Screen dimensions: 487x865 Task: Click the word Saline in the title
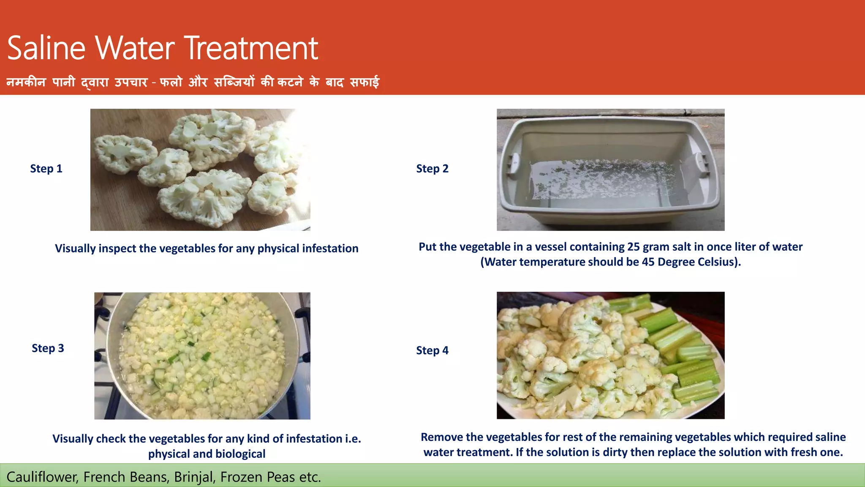[46, 48]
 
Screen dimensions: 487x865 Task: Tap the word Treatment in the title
[251, 48]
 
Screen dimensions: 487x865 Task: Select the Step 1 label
[46, 169]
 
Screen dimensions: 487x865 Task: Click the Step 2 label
[432, 169]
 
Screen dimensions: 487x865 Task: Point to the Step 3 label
[48, 348]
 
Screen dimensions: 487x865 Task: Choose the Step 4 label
[432, 350]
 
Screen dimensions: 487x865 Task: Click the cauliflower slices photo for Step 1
[200, 170]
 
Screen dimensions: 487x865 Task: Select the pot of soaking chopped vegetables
[202, 356]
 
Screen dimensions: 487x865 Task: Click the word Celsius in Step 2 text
[718, 262]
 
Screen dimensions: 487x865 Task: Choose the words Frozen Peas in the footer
[258, 477]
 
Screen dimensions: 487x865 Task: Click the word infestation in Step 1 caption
[325, 249]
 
